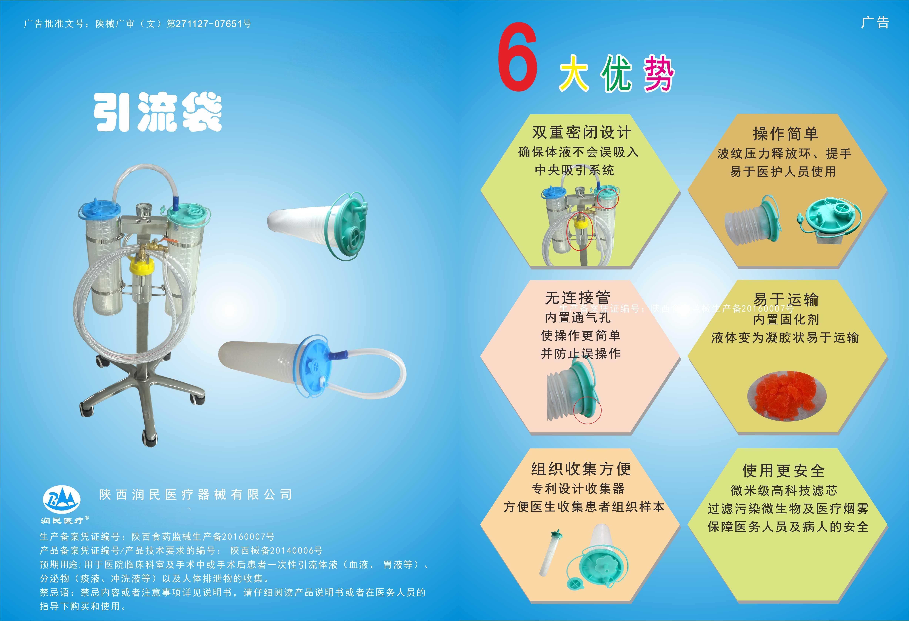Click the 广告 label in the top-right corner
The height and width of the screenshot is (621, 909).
click(x=875, y=23)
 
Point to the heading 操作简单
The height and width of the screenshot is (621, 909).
click(x=785, y=134)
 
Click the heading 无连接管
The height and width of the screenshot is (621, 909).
click(x=578, y=298)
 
